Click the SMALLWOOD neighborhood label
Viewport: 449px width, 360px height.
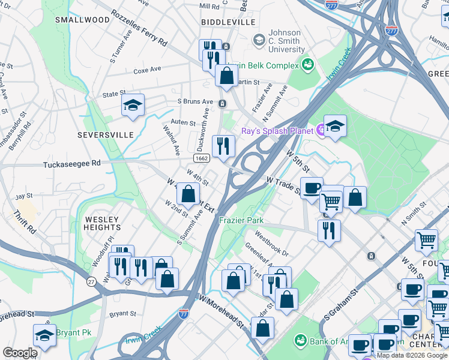click(82, 20)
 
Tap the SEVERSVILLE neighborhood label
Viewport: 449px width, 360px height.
click(106, 135)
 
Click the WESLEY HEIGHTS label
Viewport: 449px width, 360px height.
click(102, 223)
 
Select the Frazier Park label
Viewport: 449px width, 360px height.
click(241, 220)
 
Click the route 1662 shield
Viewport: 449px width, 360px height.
click(201, 157)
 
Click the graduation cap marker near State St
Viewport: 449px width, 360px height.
click(133, 106)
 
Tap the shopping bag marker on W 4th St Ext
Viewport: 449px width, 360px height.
click(188, 194)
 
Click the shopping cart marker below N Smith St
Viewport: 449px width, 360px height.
click(426, 240)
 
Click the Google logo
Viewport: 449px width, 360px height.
click(20, 353)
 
